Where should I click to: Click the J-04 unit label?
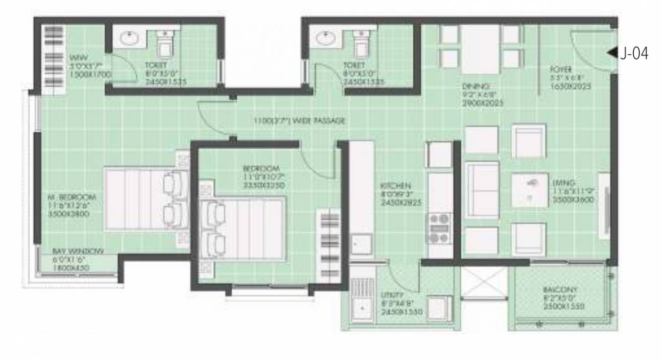(635, 54)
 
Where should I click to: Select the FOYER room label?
(561, 69)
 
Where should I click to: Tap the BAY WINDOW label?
(78, 252)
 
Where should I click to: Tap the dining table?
(480, 49)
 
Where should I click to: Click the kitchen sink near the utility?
(361, 244)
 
